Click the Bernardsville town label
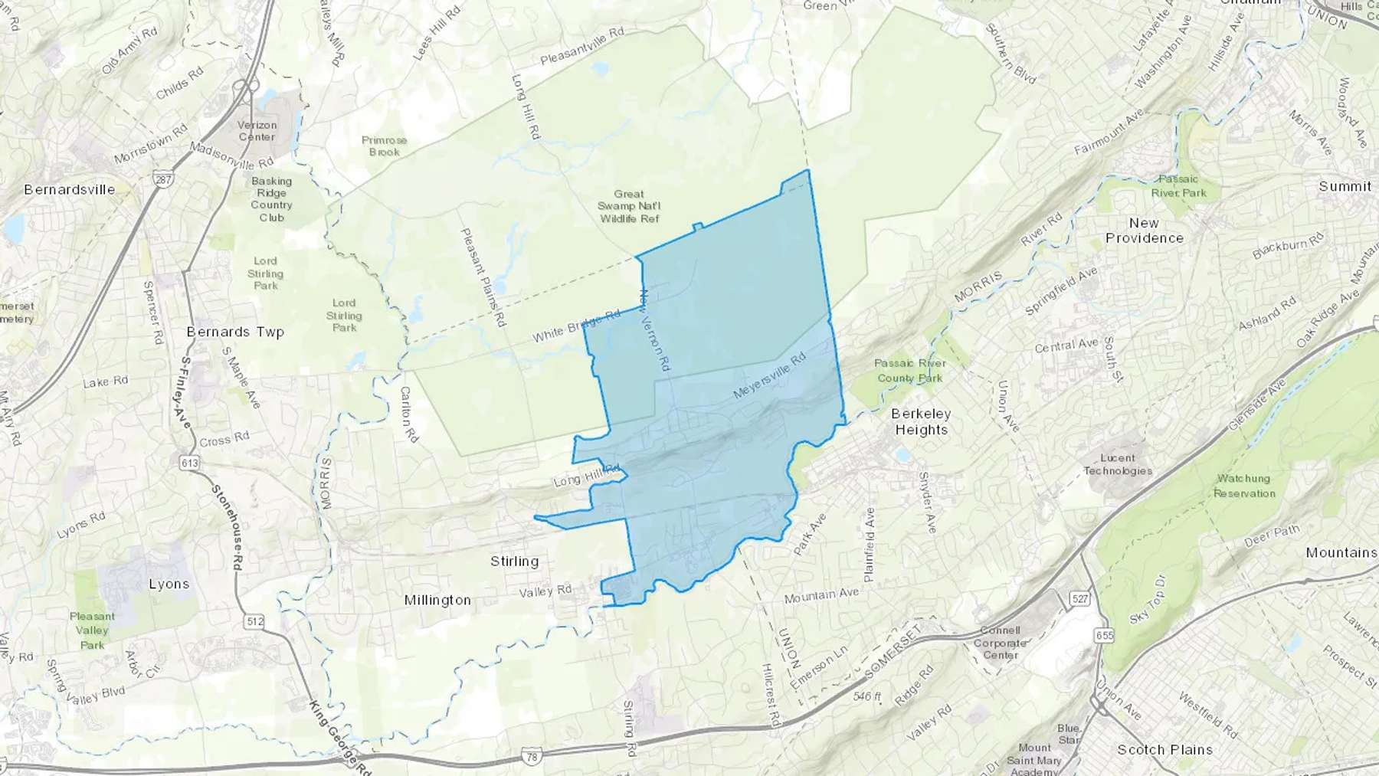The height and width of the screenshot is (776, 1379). (70, 189)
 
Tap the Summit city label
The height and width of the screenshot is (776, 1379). (1345, 186)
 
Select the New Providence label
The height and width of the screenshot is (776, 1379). (1144, 231)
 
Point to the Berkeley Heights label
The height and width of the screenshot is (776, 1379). (922, 421)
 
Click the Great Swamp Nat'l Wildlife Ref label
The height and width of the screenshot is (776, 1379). (629, 206)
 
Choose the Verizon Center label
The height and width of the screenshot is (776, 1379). (257, 131)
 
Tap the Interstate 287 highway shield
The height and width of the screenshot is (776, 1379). (162, 180)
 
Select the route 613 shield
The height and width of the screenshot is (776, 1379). (189, 463)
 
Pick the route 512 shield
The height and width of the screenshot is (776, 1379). (255, 621)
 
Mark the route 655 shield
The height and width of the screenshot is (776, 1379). (1104, 635)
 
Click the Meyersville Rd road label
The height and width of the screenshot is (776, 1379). (769, 375)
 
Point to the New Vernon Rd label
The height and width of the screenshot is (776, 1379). (655, 331)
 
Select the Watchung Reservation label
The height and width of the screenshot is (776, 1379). (1243, 486)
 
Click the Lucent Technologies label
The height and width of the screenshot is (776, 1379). (1118, 464)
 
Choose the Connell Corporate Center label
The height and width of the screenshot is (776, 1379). (1000, 643)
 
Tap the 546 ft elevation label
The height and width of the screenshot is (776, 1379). (866, 697)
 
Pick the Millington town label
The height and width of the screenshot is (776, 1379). (437, 600)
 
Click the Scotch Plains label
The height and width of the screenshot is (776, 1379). (1164, 749)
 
